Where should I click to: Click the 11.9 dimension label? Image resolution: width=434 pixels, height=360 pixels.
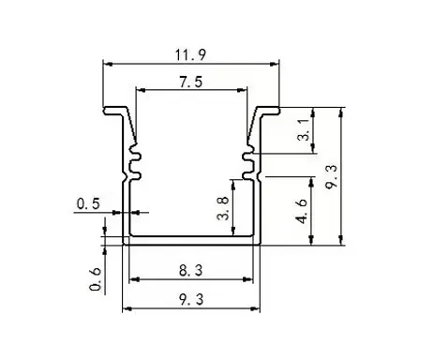[x=190, y=55]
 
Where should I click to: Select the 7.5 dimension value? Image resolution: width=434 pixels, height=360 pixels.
[x=191, y=82]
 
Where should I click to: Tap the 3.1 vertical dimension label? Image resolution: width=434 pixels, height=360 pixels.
[x=304, y=130]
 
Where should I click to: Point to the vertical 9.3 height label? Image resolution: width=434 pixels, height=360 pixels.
[x=331, y=177]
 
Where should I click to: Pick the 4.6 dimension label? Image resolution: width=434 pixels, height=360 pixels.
[x=302, y=212]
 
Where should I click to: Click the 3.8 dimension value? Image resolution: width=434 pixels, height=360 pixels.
[x=224, y=208]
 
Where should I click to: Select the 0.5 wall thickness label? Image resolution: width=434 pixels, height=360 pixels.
[x=88, y=203]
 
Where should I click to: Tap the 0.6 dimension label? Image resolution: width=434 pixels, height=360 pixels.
[x=96, y=279]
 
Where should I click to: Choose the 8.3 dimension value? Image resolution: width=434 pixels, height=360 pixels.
[x=191, y=270]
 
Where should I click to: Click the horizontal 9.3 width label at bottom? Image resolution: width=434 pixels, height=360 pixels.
[x=191, y=299]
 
